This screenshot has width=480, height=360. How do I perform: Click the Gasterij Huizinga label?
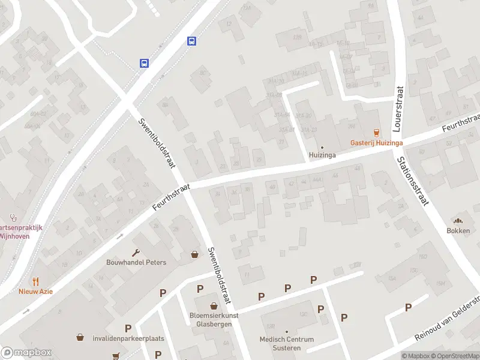point(376,143)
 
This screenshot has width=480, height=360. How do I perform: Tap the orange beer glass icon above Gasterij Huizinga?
point(376,133)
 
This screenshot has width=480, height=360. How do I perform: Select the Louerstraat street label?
point(398,108)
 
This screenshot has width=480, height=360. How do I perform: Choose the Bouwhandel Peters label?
point(136,262)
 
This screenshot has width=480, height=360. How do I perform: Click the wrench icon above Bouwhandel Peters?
point(136,253)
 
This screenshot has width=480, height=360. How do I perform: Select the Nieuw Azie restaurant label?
point(35,291)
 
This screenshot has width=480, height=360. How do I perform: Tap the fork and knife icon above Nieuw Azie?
point(35,281)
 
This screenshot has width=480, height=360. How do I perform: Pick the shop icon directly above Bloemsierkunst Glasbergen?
point(214,306)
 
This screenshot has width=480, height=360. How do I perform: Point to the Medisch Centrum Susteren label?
point(287,343)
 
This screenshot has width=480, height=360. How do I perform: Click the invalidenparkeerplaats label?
point(128,338)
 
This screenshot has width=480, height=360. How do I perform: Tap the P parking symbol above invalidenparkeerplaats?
point(128,328)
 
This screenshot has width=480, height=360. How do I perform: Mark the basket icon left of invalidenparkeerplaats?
point(80,338)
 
